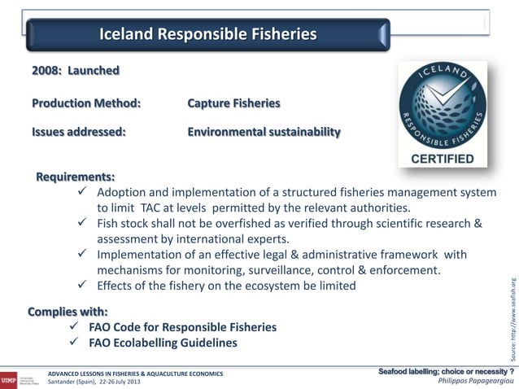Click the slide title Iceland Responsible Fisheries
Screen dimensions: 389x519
(x=207, y=35)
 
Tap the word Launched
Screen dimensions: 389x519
(x=93, y=71)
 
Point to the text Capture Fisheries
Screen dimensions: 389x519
(x=233, y=104)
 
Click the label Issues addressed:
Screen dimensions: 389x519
(x=78, y=132)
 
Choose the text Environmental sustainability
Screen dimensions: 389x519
(x=264, y=132)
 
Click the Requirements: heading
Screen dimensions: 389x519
(x=75, y=176)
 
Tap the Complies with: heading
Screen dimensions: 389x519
(x=68, y=311)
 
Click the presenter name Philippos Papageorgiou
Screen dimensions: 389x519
(x=474, y=381)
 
